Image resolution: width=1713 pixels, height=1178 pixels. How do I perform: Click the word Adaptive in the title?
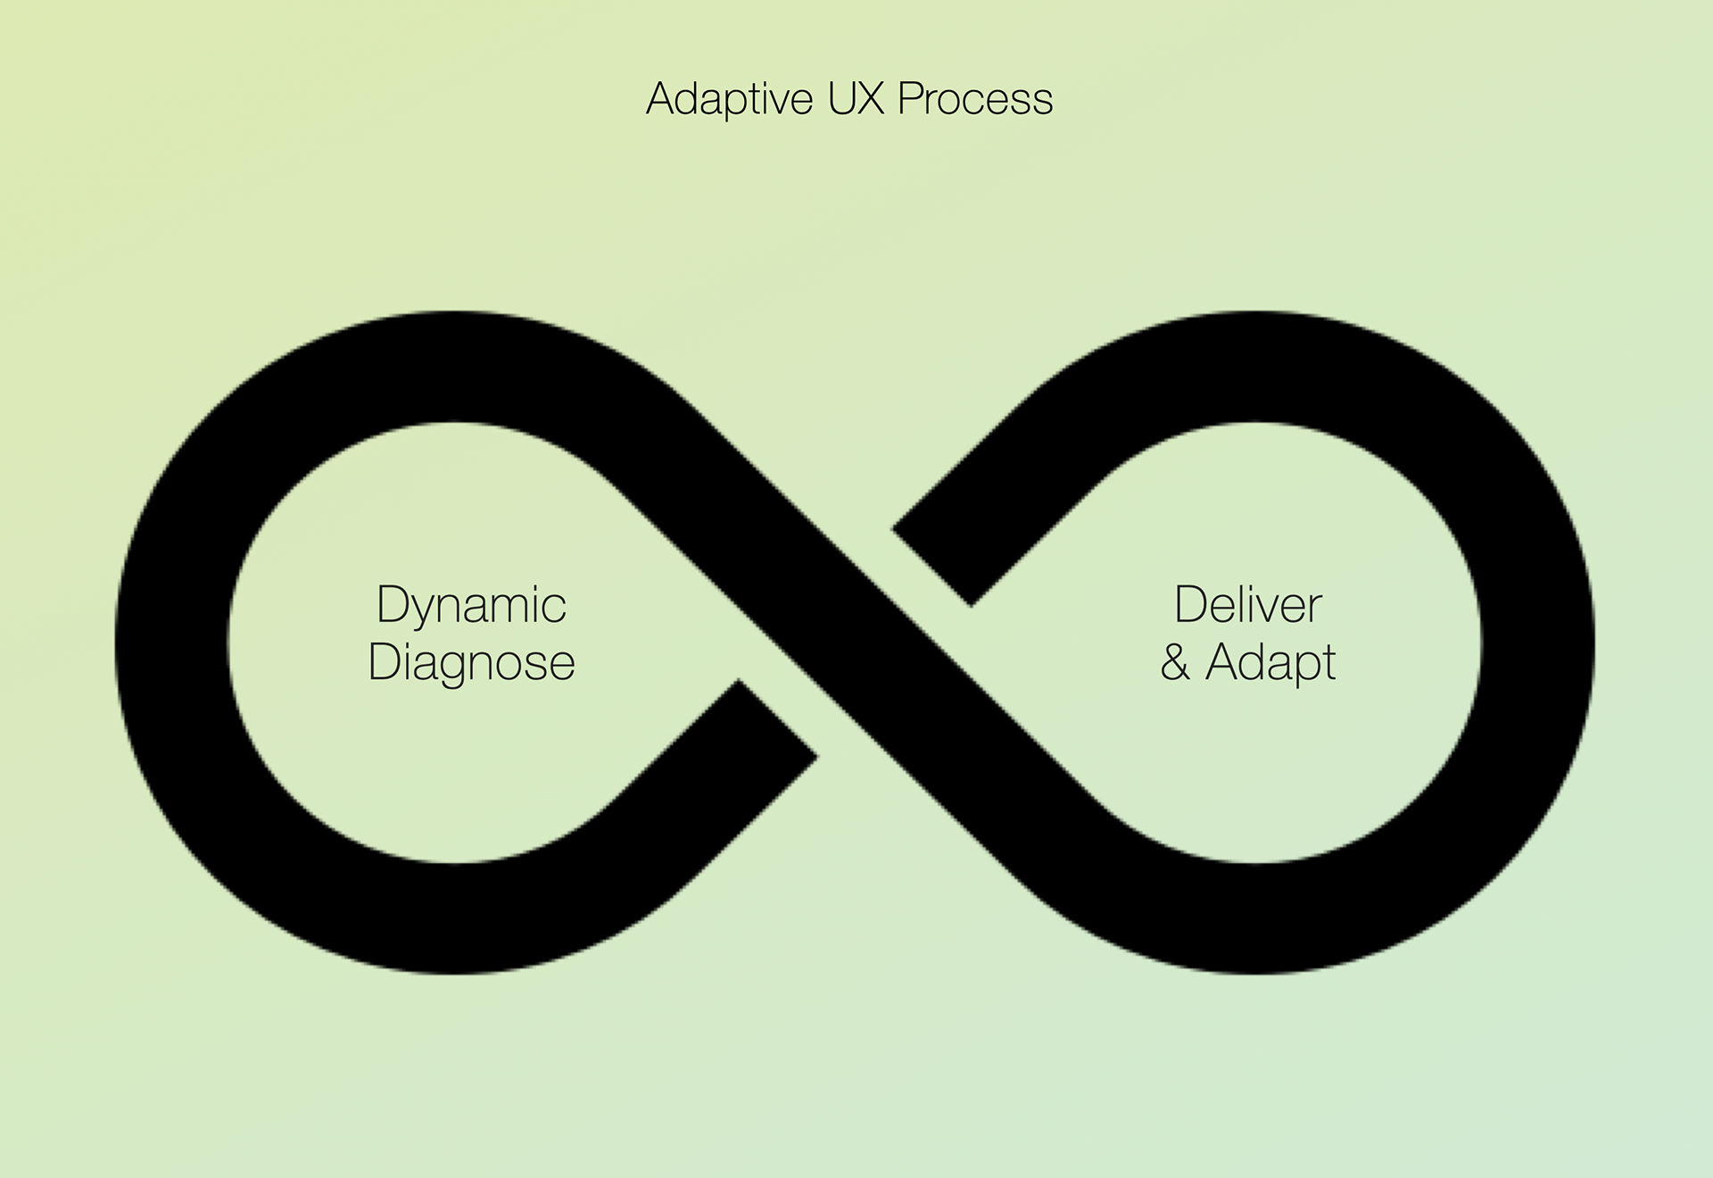pos(729,99)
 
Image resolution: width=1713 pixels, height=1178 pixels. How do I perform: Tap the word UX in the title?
pos(856,98)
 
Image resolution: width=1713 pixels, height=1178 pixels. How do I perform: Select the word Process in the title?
pos(975,99)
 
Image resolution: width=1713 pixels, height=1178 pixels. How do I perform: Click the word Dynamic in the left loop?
pos(471,606)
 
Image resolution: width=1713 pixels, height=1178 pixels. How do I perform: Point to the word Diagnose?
pos(471,663)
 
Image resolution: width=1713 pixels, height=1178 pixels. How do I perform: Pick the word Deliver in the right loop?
pos(1247,605)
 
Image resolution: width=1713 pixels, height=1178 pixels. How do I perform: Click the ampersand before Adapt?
pos(1175,663)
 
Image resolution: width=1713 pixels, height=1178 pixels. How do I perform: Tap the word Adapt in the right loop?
pos(1270,663)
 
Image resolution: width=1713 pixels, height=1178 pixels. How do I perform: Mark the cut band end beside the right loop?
pos(933,567)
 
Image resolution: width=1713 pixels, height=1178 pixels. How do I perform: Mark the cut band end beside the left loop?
pos(777,719)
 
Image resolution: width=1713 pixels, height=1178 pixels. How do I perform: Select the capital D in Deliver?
pos(1190,605)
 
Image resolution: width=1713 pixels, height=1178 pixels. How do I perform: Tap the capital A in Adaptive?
pos(661,98)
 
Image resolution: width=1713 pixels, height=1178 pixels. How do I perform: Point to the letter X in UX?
pos(871,98)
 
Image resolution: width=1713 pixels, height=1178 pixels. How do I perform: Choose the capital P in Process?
pos(910,98)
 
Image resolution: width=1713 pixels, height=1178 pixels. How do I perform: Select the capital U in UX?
pos(841,98)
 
